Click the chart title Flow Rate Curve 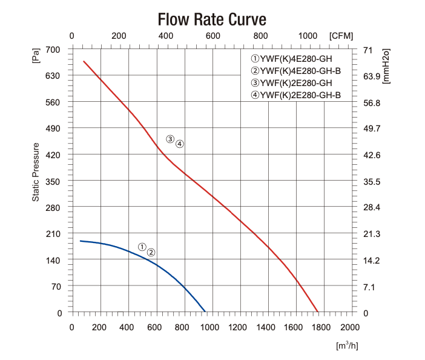(212, 19)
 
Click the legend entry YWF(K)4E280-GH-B (295, 71)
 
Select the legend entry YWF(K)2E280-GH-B (295, 95)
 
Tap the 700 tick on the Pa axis (54, 50)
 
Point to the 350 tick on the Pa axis (54, 182)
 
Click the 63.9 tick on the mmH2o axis (371, 76)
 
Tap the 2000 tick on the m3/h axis (351, 327)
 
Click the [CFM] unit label (341, 36)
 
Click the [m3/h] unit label (347, 345)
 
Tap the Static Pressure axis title (36, 172)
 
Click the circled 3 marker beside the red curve (170, 139)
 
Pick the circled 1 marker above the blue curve (142, 247)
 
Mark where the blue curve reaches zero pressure (205, 313)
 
